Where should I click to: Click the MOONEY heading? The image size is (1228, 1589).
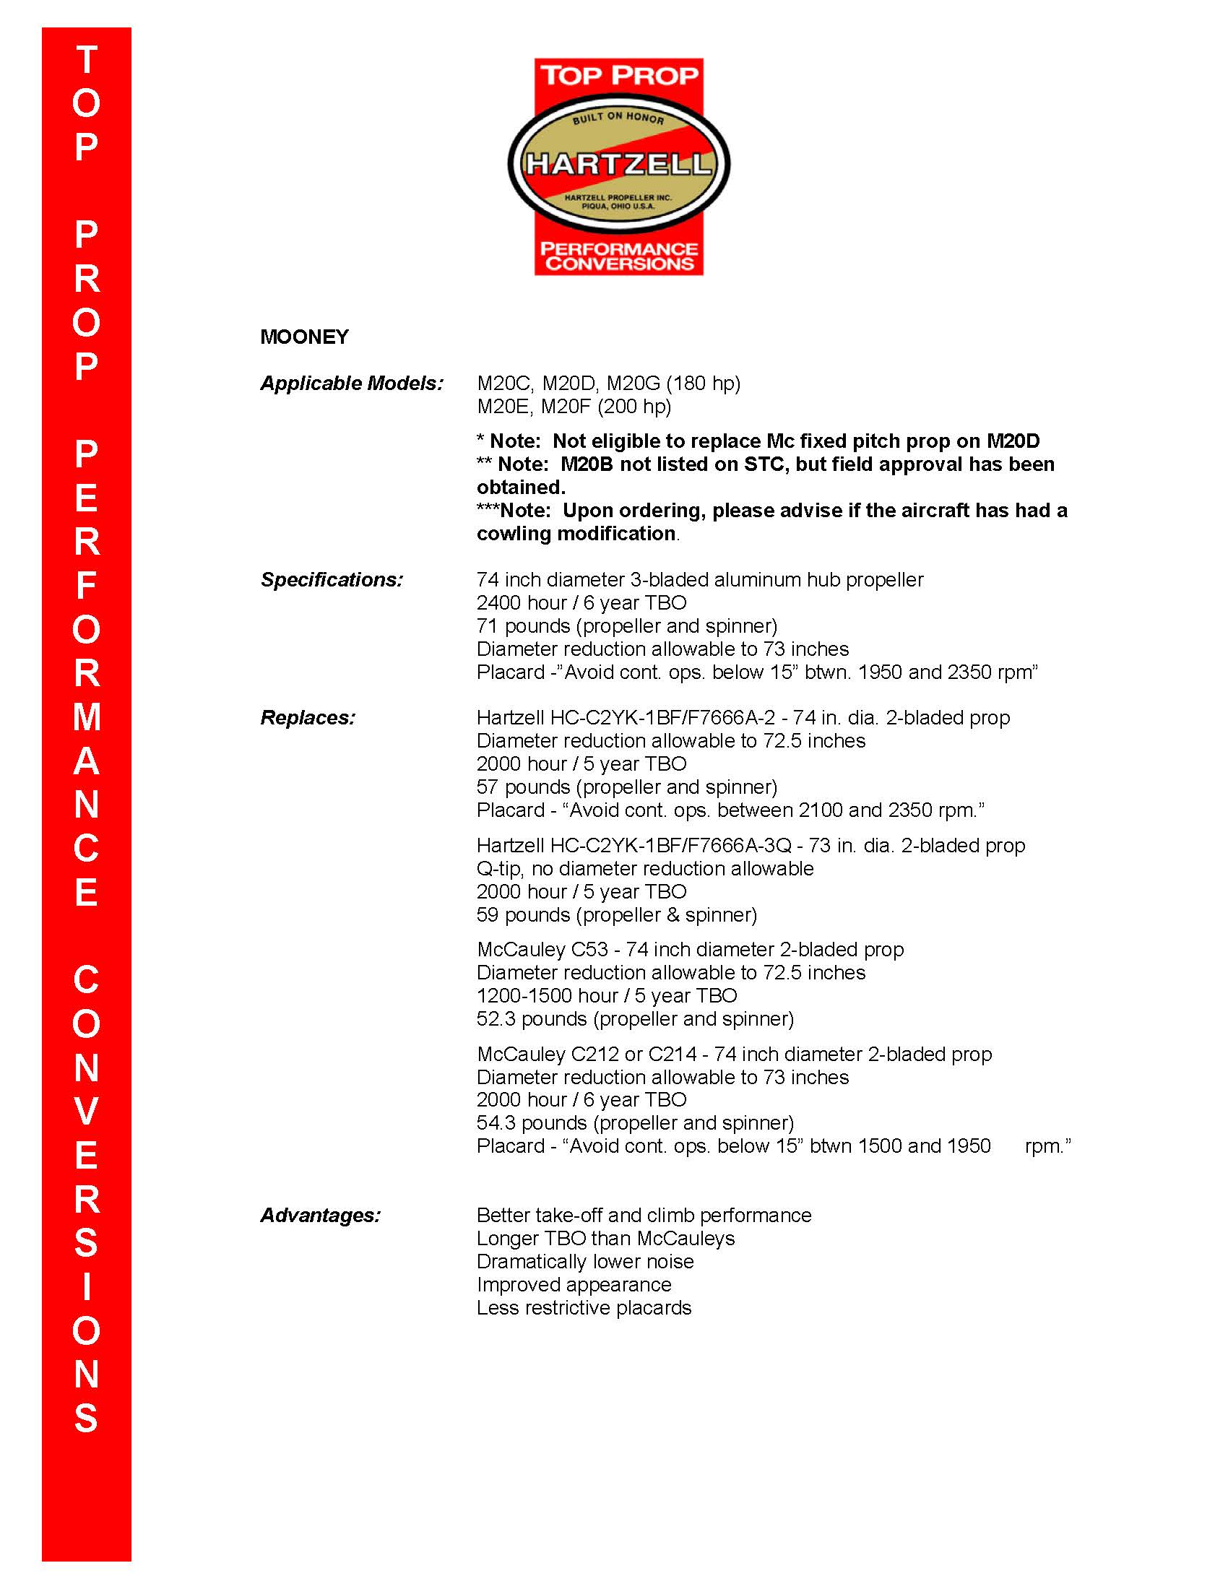(304, 337)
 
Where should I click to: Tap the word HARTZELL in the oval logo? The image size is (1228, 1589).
(618, 164)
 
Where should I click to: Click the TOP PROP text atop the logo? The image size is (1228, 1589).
(618, 75)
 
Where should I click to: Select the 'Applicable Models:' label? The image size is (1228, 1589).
(351, 384)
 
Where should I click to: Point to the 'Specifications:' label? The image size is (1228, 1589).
(331, 580)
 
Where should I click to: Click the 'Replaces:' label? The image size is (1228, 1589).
(308, 718)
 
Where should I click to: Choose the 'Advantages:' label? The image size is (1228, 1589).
(320, 1216)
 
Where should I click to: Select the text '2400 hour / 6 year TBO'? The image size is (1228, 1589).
(581, 603)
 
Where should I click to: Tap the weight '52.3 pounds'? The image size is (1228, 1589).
(531, 1018)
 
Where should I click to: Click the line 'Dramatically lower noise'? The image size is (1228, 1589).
(585, 1262)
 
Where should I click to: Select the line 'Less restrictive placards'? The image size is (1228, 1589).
(584, 1308)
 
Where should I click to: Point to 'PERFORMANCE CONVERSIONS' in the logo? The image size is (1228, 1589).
(618, 257)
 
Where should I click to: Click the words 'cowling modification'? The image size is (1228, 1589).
(576, 534)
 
